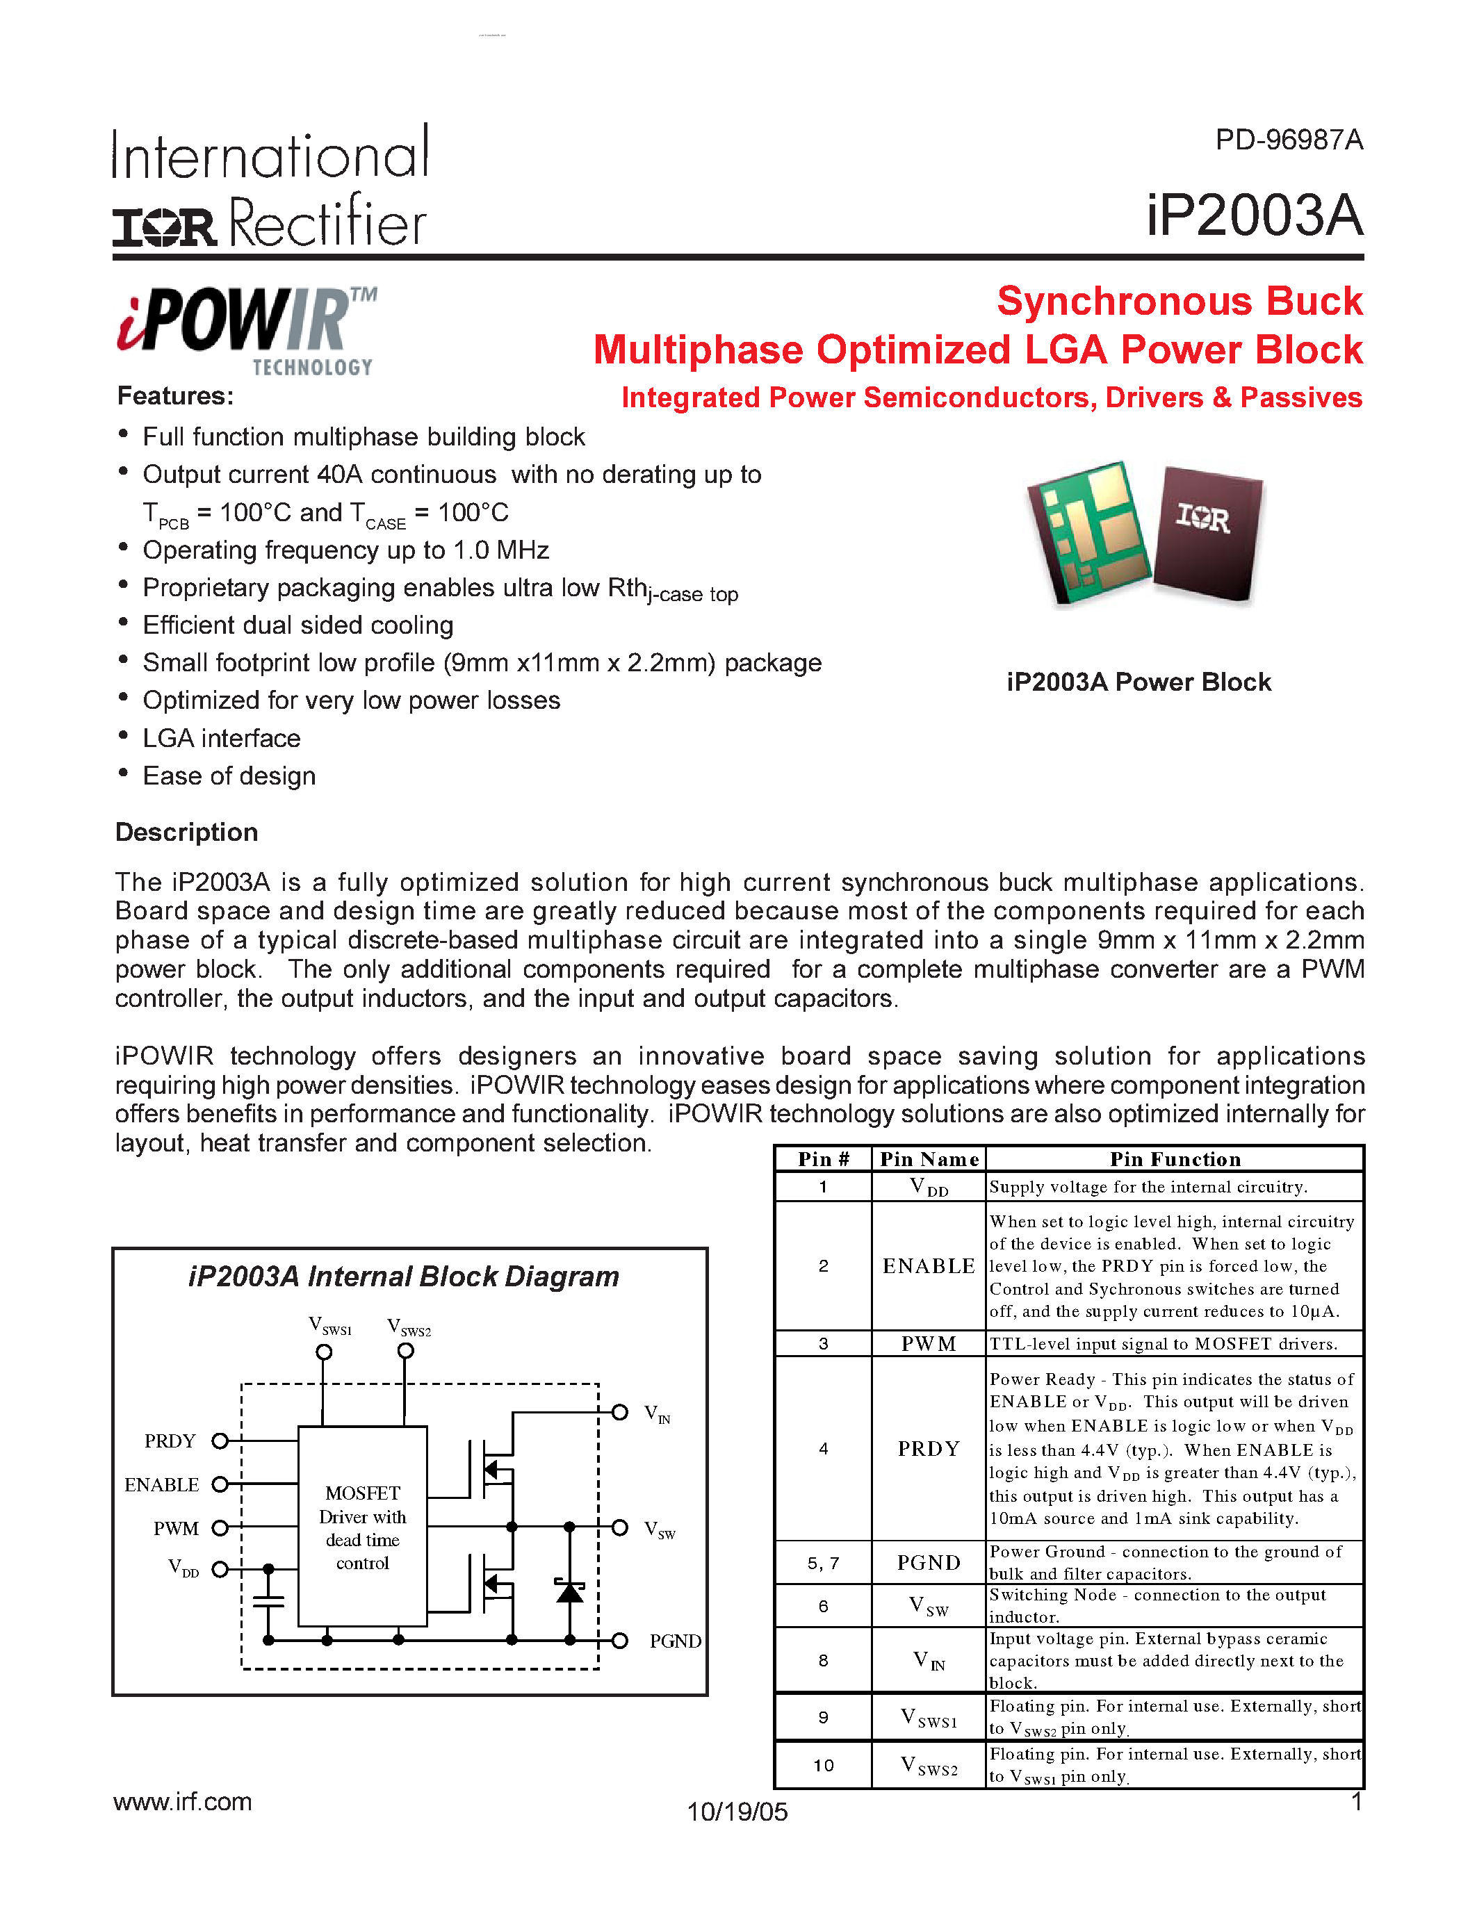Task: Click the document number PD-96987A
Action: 1288,140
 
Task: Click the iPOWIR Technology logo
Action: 247,330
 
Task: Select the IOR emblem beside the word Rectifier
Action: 163,227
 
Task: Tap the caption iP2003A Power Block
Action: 1138,682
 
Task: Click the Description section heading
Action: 186,832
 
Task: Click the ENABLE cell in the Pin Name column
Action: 929,1266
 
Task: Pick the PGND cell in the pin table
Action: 929,1563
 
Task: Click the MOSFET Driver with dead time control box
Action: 362,1527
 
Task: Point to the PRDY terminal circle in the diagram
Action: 220,1441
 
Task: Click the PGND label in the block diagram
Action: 675,1641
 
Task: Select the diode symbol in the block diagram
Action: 570,1590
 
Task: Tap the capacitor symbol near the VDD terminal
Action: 268,1600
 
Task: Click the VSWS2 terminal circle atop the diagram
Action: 405,1351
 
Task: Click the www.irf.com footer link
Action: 183,1802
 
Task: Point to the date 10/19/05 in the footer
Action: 737,1811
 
